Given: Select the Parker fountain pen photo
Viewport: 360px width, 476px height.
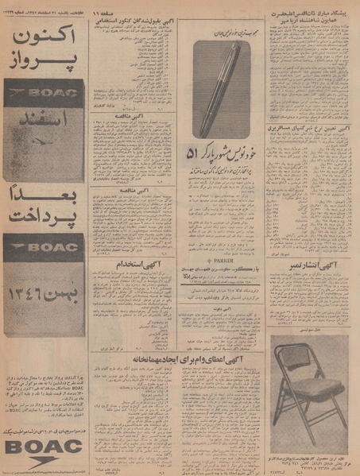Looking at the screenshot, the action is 222,87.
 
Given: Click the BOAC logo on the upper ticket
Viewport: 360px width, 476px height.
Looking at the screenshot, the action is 45,93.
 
